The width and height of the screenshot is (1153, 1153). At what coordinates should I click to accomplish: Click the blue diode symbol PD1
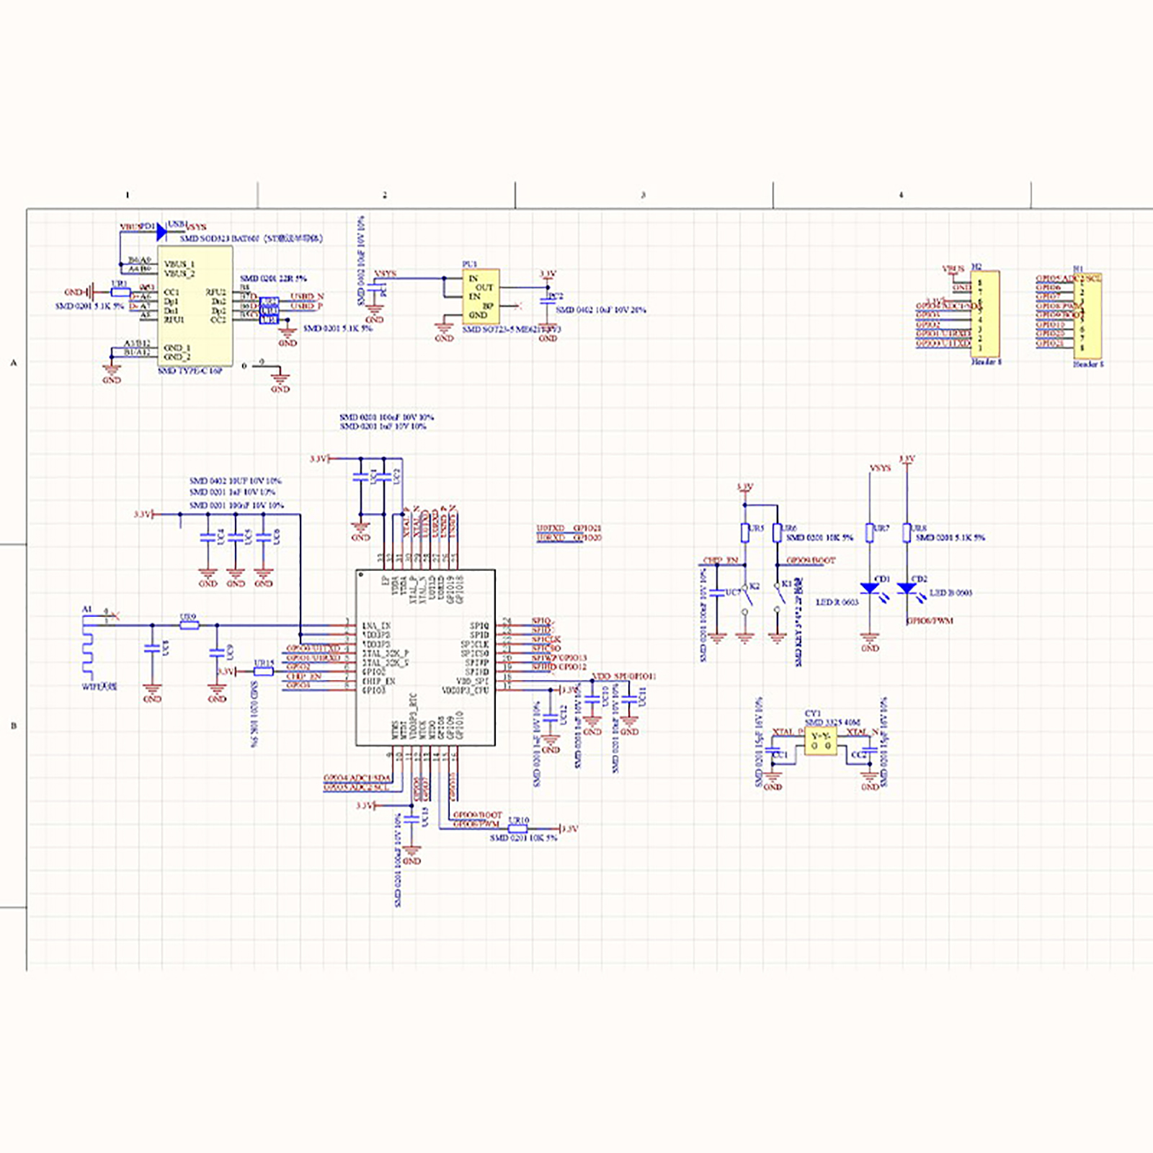point(161,232)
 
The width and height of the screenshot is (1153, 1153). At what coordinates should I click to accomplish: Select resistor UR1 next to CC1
point(120,293)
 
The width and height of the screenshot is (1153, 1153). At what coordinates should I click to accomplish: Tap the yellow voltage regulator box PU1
point(481,297)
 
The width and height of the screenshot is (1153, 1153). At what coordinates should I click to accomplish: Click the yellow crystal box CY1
point(821,741)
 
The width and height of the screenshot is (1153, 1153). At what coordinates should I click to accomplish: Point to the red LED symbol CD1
point(870,588)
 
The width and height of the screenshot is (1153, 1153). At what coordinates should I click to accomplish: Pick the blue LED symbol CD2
point(907,588)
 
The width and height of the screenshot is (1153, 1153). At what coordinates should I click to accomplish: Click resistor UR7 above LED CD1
point(870,532)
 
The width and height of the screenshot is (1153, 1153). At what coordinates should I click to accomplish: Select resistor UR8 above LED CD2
point(907,532)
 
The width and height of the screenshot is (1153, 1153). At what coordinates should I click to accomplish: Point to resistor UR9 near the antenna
point(189,626)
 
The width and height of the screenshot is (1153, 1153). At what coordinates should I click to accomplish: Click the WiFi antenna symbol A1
point(88,649)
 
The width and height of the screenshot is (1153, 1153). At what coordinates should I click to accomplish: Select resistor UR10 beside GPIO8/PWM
point(517,829)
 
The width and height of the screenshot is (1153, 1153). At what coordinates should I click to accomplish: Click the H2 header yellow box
point(985,313)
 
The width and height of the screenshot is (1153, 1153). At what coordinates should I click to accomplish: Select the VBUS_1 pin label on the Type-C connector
point(179,264)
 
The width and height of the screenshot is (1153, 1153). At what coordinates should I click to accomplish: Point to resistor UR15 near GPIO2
point(264,672)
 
